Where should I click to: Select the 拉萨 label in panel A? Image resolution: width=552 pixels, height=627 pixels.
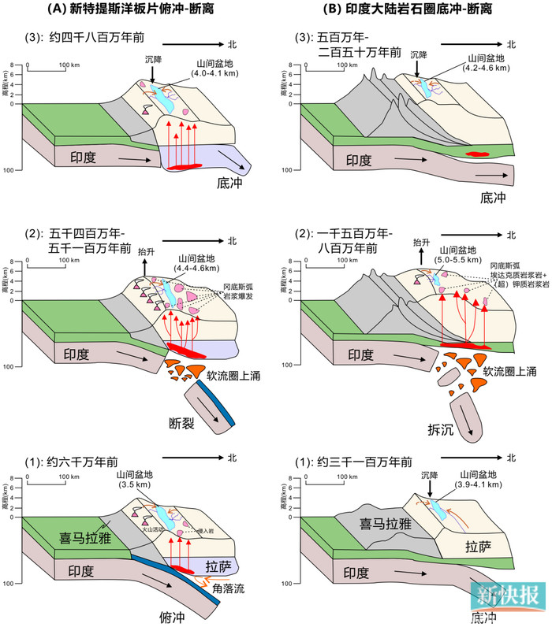click(x=222, y=565)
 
